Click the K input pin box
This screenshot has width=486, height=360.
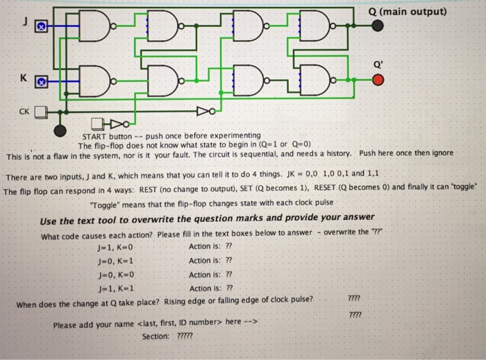(41, 82)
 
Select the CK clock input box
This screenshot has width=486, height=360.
(41, 110)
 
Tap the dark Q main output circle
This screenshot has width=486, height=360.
(377, 26)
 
